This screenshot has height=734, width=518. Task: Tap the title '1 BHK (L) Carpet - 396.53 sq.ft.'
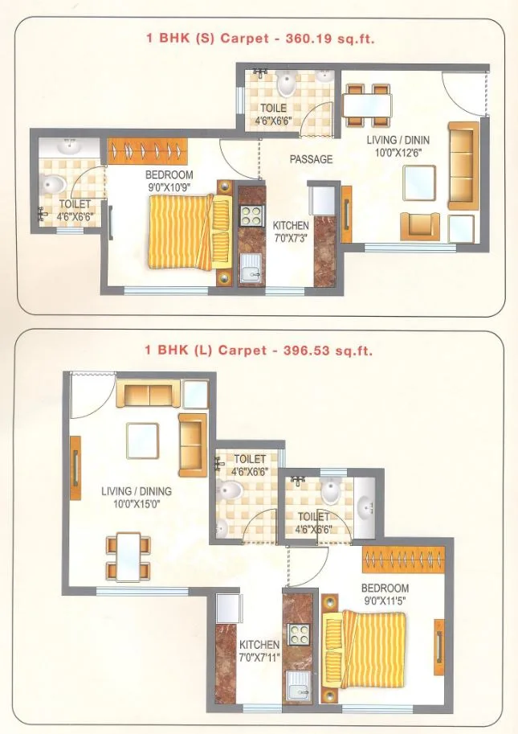tap(259, 351)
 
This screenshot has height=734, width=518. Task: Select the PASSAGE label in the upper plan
tap(311, 159)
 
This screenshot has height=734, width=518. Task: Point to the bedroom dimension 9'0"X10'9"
tap(169, 186)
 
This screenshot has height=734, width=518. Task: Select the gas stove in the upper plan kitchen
tap(252, 215)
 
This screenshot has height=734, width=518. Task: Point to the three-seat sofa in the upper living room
tap(463, 166)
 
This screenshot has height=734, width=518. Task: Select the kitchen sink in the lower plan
tap(300, 687)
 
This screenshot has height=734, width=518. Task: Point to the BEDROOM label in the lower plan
tap(385, 588)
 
